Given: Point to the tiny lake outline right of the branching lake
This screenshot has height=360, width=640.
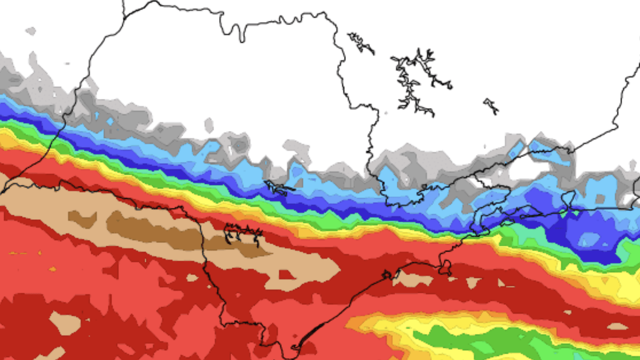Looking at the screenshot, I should point(491,106).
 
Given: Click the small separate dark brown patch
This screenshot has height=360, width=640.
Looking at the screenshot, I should point(82,219).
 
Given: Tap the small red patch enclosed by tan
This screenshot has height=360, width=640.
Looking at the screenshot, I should point(286,275).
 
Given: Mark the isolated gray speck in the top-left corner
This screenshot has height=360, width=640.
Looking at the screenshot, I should point(31,31).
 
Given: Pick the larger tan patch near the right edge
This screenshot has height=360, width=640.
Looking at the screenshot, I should point(617,326).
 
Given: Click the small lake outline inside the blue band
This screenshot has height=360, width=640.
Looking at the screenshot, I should point(278,187).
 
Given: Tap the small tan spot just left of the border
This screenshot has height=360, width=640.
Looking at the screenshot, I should point(192,277).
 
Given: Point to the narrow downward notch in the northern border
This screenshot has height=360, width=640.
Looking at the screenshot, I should point(241,34).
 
